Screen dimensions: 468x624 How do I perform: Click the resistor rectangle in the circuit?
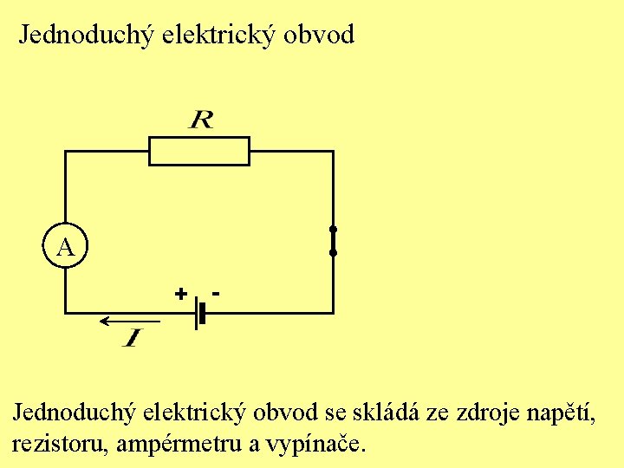click(x=199, y=151)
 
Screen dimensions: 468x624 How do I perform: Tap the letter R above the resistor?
click(x=200, y=120)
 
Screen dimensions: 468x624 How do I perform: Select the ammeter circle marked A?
click(x=65, y=248)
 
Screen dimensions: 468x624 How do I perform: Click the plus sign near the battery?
click(x=180, y=294)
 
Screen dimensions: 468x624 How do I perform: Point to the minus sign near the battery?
click(x=215, y=292)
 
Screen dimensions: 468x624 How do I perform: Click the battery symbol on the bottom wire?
click(x=199, y=312)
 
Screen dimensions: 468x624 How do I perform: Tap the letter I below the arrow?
click(x=133, y=339)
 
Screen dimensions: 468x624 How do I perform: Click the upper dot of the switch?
click(x=332, y=230)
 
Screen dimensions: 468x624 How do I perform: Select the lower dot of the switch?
click(x=332, y=253)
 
